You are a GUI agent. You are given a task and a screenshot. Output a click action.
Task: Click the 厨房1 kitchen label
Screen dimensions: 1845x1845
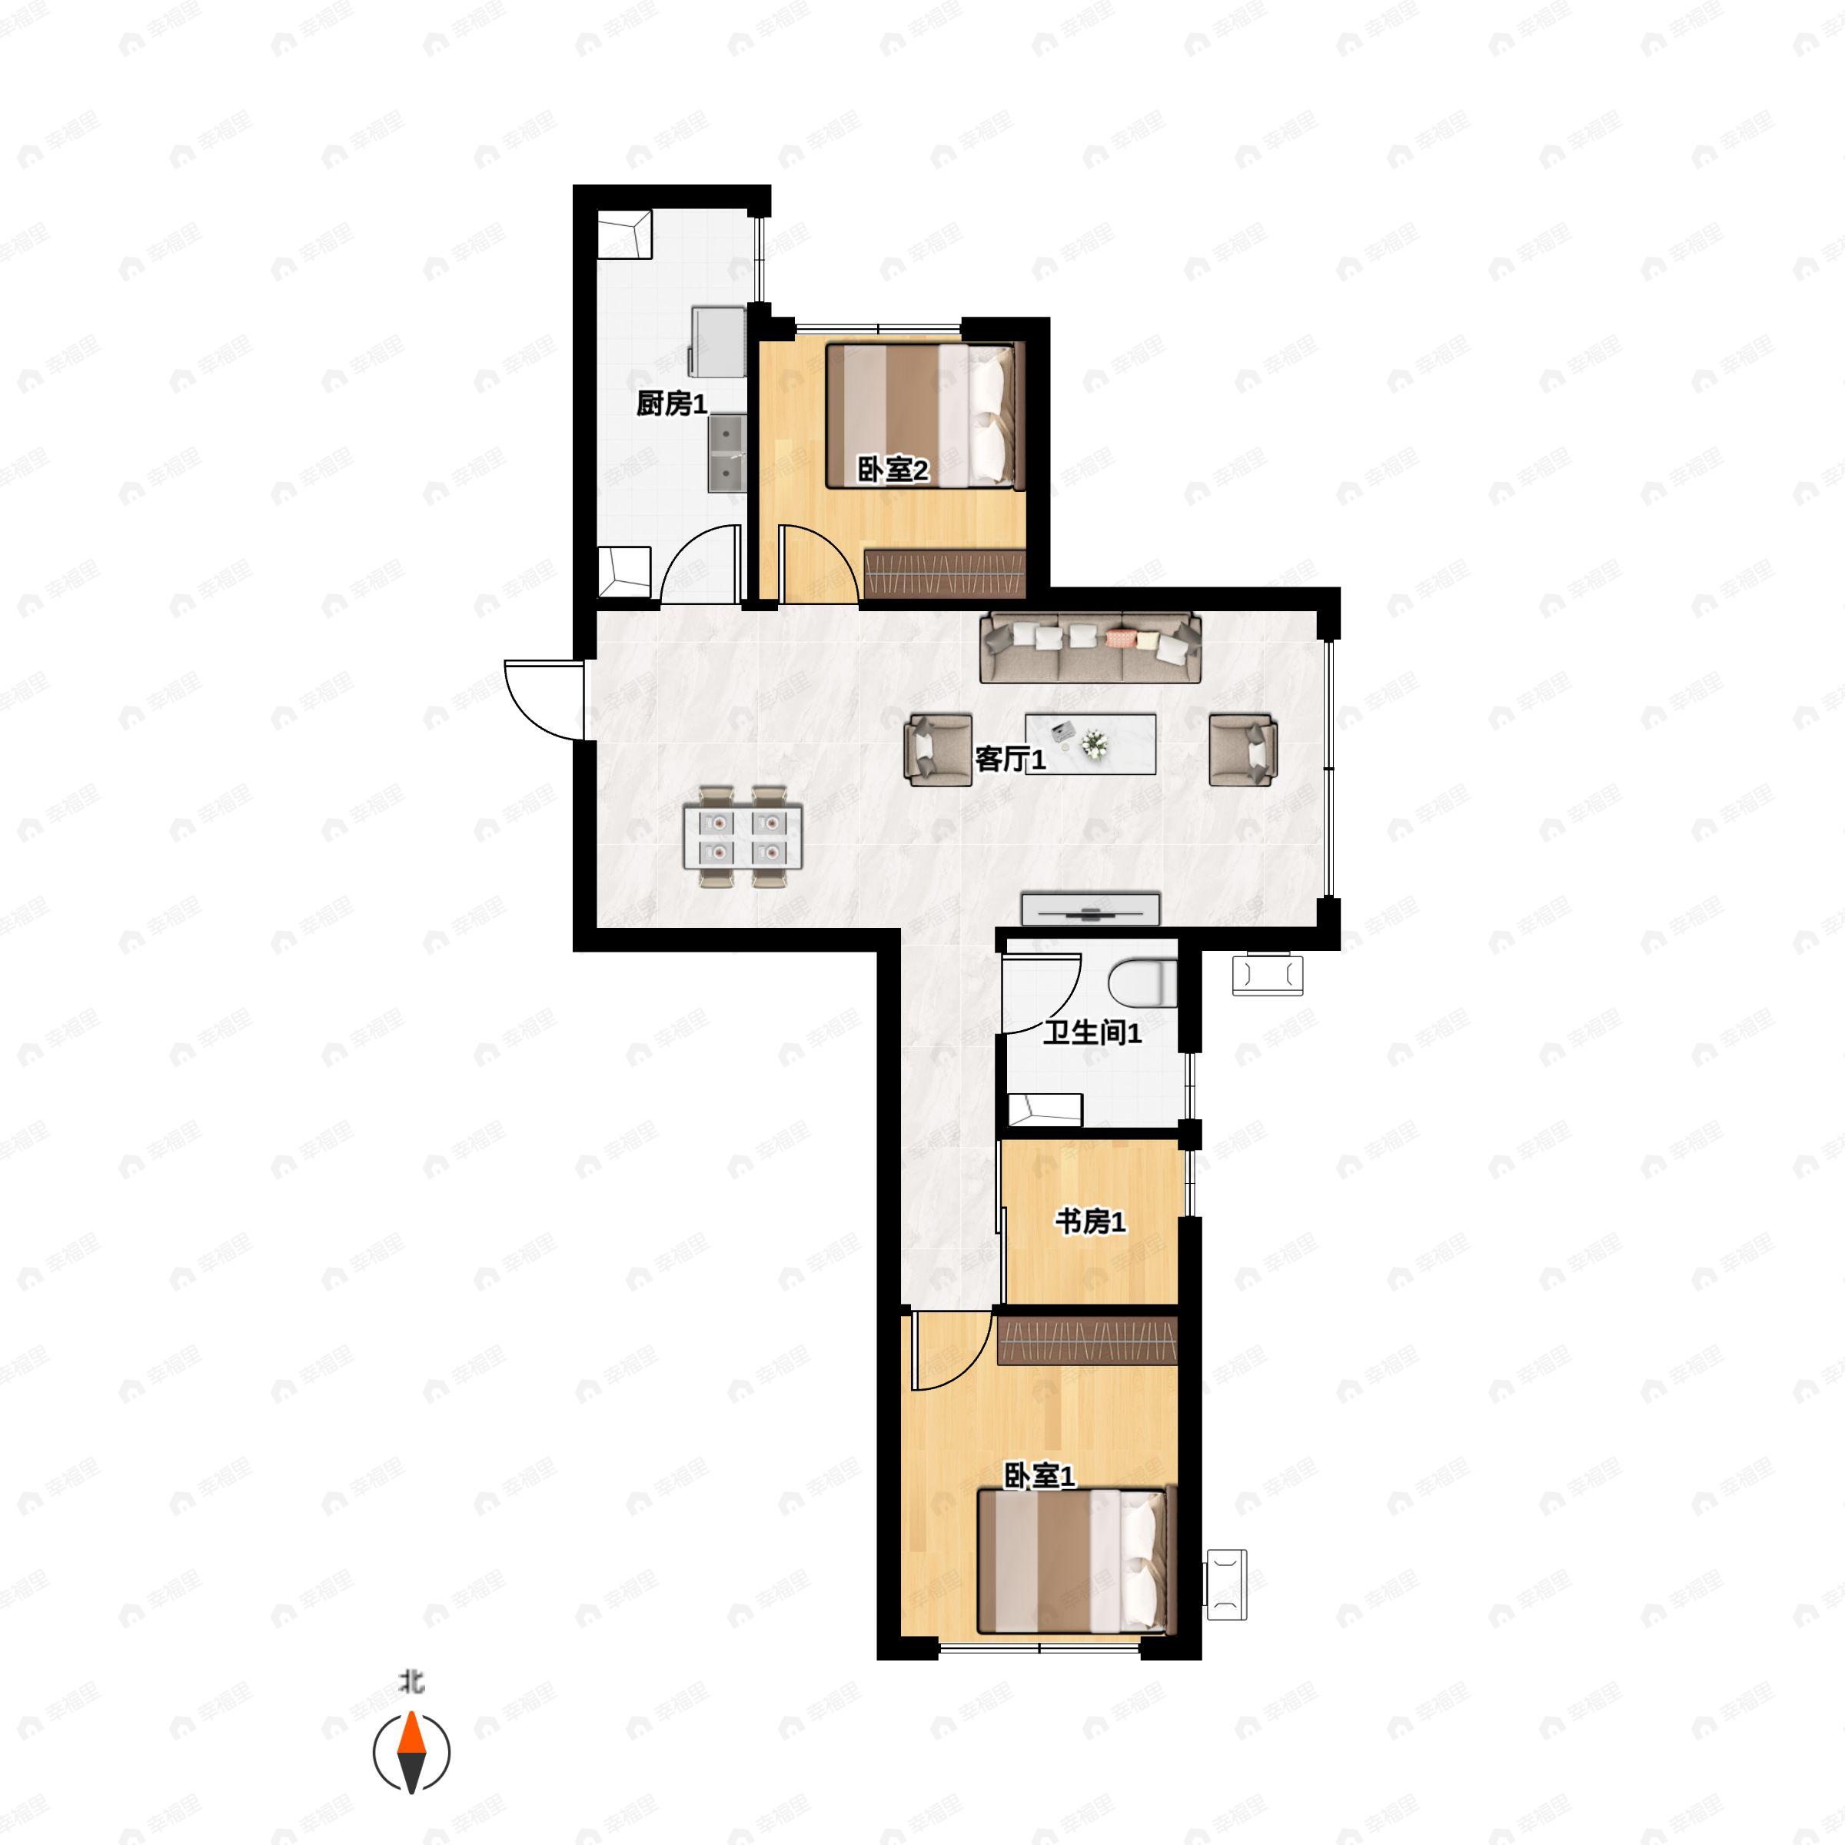(x=671, y=404)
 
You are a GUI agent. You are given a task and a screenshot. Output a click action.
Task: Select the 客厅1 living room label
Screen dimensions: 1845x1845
(x=1010, y=760)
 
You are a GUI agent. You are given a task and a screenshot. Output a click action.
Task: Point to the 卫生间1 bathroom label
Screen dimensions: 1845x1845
(x=1092, y=1032)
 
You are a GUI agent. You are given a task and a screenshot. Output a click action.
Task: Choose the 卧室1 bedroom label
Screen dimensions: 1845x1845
(x=1039, y=1475)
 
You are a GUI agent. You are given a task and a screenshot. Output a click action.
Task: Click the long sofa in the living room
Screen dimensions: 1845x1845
(x=1091, y=647)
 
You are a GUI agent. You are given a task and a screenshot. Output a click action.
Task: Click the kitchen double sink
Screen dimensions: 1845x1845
(x=726, y=454)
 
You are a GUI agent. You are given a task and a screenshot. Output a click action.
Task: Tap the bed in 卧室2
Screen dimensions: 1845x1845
(x=924, y=417)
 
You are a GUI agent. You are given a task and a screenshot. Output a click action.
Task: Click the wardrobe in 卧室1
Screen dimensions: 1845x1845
(x=1087, y=1341)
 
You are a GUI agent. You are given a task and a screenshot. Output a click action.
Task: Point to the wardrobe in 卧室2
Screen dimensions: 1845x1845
(x=945, y=573)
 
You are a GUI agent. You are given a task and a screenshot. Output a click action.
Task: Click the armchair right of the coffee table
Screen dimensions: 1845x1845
(x=1243, y=750)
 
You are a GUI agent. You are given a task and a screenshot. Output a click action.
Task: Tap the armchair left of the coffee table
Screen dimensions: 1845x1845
(x=939, y=750)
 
